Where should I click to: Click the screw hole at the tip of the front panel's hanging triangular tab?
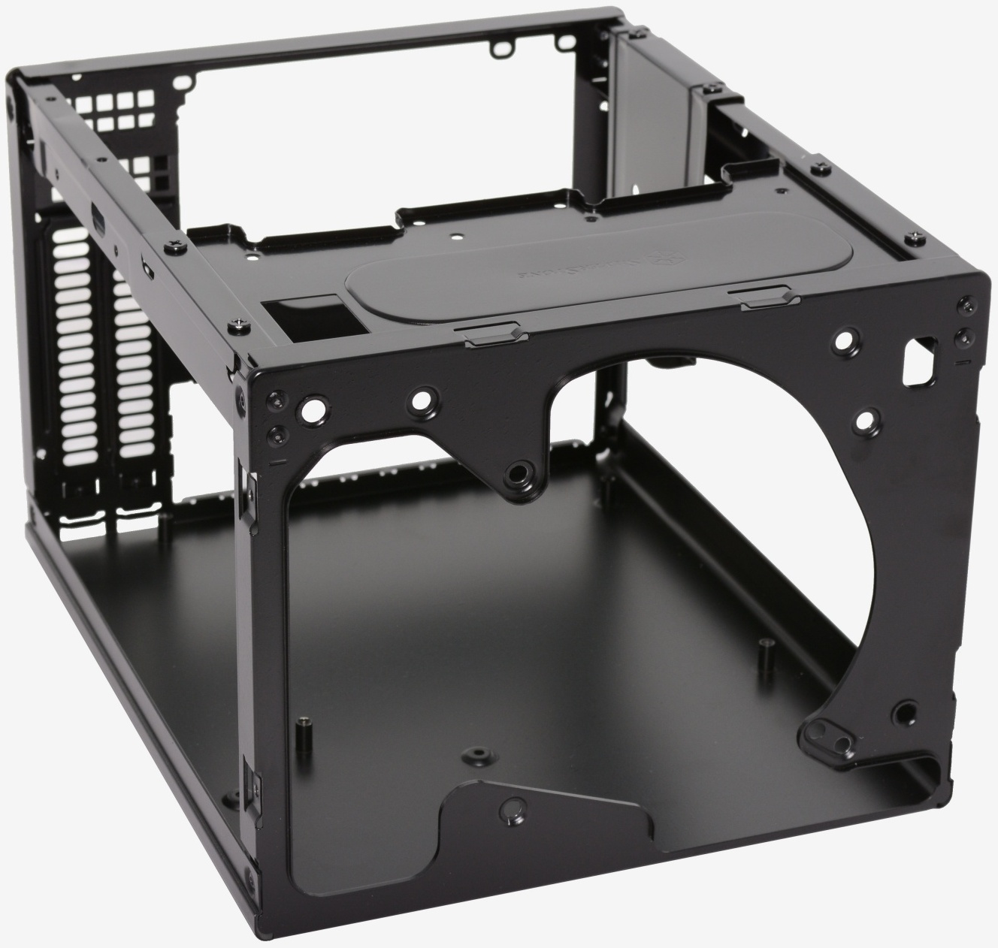518,473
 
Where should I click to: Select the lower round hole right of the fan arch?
866,418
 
